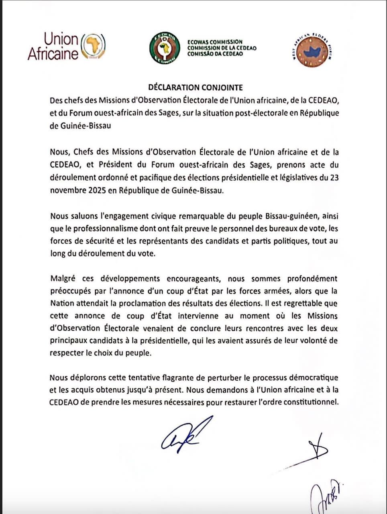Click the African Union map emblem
coord(93,47)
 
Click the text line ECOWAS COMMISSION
coord(215,42)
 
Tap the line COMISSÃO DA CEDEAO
coord(215,54)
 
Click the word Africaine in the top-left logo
coord(53,54)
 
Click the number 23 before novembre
coord(334,177)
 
